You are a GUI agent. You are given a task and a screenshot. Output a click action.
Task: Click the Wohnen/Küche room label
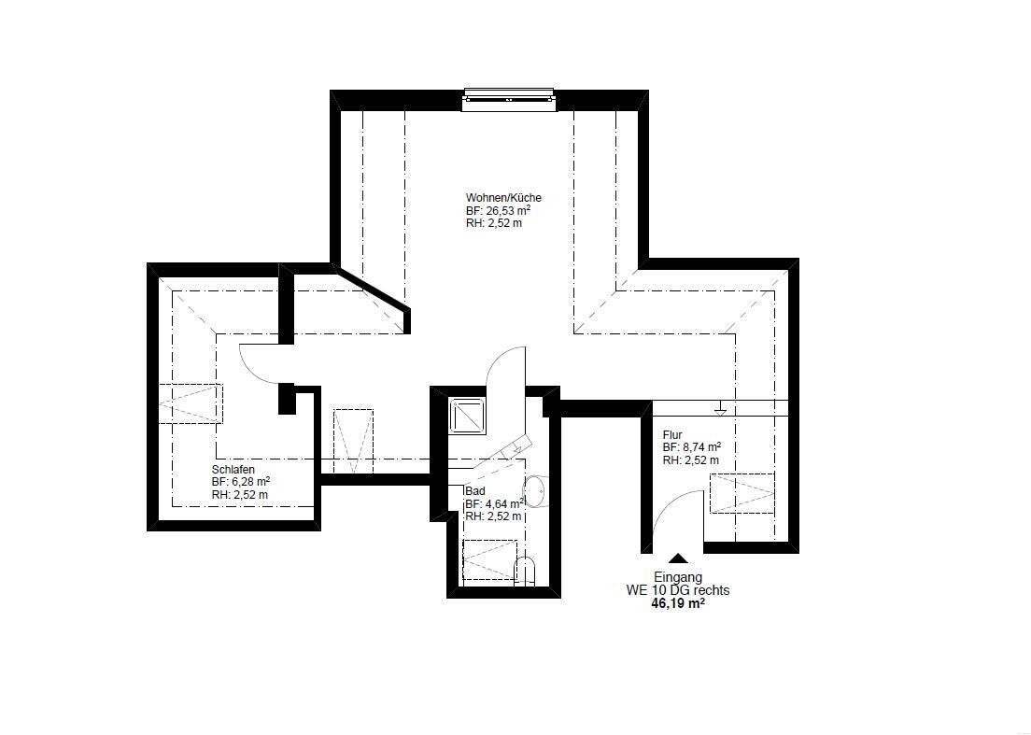503,198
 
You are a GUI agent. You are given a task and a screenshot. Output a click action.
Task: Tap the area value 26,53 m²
508,210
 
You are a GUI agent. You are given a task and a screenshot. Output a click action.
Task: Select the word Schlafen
233,470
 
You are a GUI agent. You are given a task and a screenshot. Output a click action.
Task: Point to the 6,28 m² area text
248,482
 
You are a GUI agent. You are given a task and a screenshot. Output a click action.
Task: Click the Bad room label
474,491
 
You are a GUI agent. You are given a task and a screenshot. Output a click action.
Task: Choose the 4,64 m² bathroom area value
502,503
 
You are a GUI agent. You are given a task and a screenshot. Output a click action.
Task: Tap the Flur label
672,435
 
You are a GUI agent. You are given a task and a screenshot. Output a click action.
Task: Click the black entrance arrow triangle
679,558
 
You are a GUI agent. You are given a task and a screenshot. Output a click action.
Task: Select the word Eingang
678,578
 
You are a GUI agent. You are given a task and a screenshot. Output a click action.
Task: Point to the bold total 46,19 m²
678,603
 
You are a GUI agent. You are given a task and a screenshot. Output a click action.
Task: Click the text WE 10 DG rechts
678,590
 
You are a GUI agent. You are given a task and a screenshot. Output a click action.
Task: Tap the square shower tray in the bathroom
468,416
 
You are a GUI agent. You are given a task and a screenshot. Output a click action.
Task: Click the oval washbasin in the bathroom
534,492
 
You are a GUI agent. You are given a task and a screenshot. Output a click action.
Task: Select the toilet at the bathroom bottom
525,571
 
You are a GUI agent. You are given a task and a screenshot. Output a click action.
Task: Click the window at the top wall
509,99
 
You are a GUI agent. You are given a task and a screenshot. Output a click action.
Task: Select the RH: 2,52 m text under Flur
690,460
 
